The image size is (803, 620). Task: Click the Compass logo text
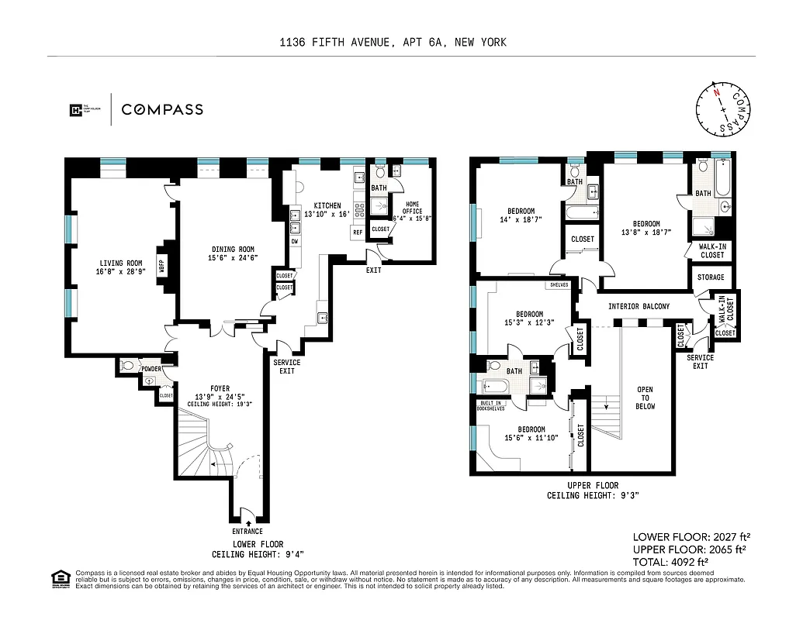click(161, 109)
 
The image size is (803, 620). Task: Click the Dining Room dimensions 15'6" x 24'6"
click(234, 258)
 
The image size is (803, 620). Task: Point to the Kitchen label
click(327, 205)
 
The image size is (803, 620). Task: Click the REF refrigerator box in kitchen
click(358, 232)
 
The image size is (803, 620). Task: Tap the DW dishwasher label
click(295, 241)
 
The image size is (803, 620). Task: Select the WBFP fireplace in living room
click(163, 266)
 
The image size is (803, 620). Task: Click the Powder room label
click(151, 369)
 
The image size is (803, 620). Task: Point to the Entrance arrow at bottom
click(247, 523)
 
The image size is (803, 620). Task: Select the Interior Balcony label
click(639, 306)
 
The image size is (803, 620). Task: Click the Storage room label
click(711, 277)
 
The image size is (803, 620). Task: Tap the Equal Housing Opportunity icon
click(59, 578)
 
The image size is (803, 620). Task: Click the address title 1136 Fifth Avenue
click(393, 43)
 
